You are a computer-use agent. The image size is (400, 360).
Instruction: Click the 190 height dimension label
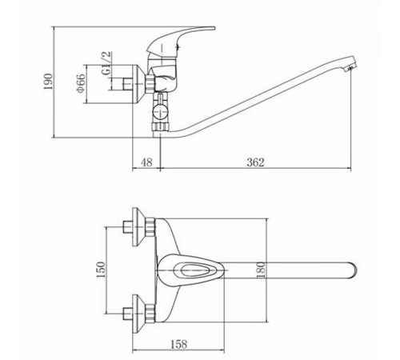coord(49,82)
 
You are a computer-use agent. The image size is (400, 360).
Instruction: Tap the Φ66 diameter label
coord(81,83)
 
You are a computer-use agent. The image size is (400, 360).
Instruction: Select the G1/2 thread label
coord(106,63)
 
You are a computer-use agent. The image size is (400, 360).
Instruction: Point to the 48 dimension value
coord(146,162)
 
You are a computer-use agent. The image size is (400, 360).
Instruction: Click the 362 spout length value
coord(255,162)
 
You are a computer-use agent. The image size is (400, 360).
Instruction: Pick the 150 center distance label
coord(101,270)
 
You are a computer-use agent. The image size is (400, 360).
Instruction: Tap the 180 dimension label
coord(261,270)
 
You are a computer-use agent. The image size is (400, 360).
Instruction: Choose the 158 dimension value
coord(178,344)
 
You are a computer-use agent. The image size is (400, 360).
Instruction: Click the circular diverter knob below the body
coord(161,110)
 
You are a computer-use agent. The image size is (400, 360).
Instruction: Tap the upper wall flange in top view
coord(139,227)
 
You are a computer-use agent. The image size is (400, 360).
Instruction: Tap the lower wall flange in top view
coord(139,314)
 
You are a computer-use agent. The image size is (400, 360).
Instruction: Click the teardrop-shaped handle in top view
coord(190,270)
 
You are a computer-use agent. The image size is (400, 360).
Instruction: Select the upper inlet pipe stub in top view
coord(127,227)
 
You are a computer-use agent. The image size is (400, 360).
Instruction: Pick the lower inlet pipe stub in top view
coord(127,314)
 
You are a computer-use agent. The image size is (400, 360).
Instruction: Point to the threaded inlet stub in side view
coord(128,84)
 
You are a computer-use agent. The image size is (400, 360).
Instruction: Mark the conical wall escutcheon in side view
coord(139,84)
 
